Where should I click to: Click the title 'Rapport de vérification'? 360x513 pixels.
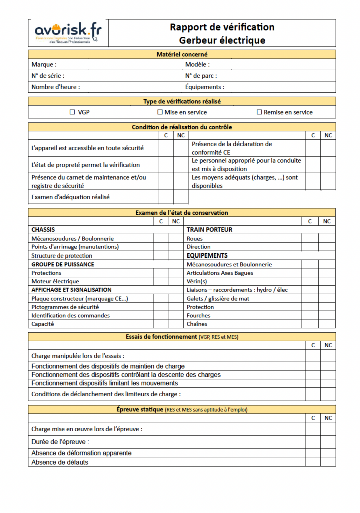tap(222, 27)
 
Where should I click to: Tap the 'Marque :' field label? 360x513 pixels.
tap(44, 65)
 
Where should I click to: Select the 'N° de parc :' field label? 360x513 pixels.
tap(201, 76)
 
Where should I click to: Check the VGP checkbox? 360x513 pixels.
tap(72, 112)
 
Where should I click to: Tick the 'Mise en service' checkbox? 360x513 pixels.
tap(160, 112)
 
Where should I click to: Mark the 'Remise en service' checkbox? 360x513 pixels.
tap(259, 112)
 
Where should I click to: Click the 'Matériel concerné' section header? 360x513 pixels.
tap(182, 54)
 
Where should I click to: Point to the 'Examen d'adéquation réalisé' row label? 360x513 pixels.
tap(70, 197)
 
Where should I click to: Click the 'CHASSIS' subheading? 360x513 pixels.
tap(43, 230)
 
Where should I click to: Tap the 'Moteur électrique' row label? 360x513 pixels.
tap(55, 282)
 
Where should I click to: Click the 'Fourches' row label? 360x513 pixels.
tap(198, 316)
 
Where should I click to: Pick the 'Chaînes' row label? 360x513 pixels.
tap(197, 324)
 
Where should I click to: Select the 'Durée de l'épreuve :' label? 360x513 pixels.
tap(60, 442)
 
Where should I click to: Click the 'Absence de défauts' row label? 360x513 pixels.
tap(60, 462)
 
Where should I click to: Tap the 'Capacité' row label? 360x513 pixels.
tap(43, 324)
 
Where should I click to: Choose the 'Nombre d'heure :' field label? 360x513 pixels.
tap(55, 87)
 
